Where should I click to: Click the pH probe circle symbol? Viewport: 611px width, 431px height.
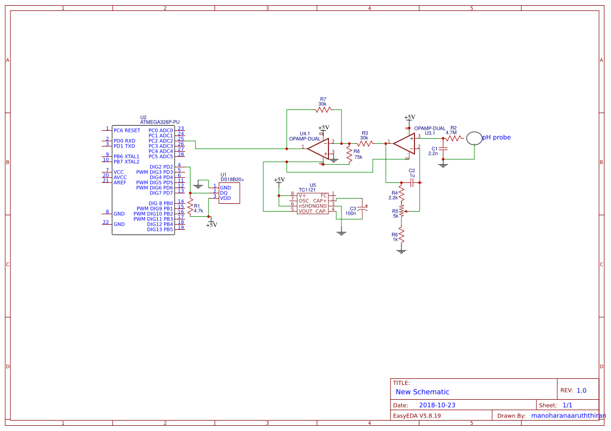[474, 138]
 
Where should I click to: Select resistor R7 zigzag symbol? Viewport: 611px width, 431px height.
[323, 109]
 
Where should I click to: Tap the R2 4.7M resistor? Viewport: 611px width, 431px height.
[454, 138]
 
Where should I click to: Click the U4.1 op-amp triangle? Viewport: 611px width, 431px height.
[318, 148]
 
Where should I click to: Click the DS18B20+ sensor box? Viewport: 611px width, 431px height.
[229, 193]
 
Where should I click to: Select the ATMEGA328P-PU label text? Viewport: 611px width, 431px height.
[160, 122]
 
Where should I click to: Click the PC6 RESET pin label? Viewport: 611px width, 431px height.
[127, 130]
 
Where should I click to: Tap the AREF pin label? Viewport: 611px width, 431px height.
[120, 182]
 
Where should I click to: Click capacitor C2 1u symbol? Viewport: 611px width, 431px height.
[412, 182]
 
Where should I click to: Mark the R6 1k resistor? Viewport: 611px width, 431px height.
[401, 235]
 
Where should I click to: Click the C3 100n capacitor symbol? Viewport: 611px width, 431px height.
[362, 210]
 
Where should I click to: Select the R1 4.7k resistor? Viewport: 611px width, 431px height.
[191, 207]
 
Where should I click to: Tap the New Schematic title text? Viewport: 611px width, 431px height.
[422, 392]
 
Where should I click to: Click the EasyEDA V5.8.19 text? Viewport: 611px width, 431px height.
[417, 416]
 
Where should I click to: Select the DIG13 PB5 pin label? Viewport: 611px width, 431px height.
[160, 229]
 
